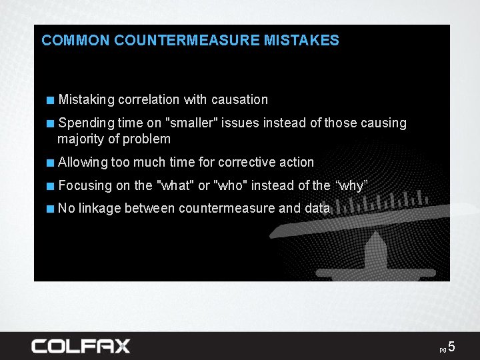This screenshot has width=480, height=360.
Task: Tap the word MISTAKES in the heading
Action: tap(301, 41)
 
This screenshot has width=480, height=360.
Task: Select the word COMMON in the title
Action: tap(75, 41)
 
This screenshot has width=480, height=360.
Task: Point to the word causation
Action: tap(239, 100)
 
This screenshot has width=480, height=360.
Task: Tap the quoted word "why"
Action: tap(351, 185)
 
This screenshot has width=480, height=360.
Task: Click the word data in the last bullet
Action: tap(317, 209)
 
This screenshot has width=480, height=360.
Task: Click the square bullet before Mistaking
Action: tap(51, 101)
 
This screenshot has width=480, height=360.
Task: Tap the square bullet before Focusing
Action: tap(51, 186)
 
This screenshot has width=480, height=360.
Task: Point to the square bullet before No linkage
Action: tap(51, 209)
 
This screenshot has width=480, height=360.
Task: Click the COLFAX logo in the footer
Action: tap(81, 346)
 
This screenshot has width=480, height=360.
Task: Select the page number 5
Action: tap(451, 347)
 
